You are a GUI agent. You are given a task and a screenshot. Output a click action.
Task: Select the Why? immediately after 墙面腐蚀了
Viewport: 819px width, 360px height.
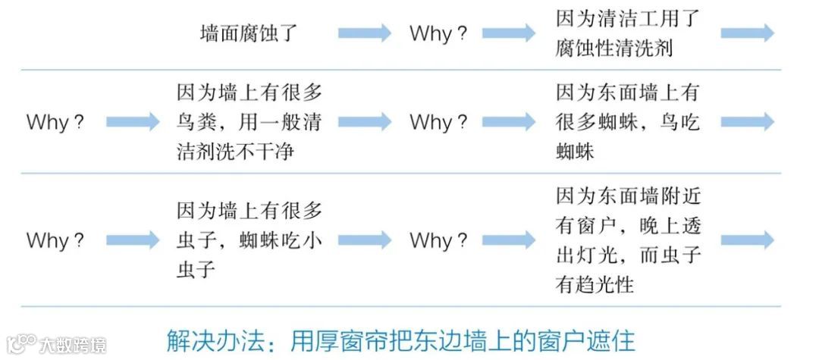click(438, 34)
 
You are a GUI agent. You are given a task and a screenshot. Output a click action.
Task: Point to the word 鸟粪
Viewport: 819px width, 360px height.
click(196, 122)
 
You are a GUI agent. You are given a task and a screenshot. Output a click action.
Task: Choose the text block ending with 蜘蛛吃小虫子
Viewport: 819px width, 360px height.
click(249, 240)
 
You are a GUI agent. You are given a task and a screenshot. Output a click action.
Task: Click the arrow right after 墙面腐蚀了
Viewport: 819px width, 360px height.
click(365, 33)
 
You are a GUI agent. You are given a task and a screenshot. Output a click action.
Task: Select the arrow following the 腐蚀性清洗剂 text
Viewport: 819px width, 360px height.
click(747, 33)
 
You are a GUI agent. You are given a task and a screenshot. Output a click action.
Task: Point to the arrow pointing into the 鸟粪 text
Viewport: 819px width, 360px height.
click(133, 122)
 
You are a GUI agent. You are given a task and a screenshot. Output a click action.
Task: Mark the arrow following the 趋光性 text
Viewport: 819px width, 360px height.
click(747, 240)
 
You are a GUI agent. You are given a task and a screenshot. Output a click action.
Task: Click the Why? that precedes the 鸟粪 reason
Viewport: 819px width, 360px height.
click(55, 122)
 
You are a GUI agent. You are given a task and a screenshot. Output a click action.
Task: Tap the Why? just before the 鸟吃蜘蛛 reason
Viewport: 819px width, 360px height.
click(438, 122)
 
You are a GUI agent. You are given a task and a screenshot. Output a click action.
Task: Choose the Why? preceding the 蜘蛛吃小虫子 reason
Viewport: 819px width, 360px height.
click(55, 240)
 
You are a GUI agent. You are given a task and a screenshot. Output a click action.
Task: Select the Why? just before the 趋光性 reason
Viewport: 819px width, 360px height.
click(438, 240)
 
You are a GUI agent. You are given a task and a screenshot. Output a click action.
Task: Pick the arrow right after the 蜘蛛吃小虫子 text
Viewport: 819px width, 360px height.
click(365, 240)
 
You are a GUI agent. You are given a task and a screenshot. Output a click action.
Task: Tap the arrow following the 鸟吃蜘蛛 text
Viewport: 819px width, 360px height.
click(747, 122)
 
